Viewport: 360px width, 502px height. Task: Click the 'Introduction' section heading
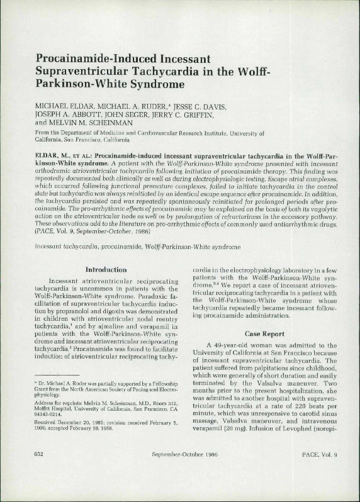pyautogui.click(x=107, y=270)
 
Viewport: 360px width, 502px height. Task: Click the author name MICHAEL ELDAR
pyautogui.click(x=64, y=104)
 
